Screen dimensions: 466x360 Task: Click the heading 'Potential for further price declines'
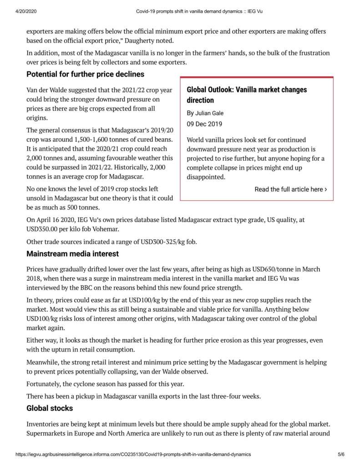point(85,74)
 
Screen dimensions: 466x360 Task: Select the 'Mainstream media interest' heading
point(72,253)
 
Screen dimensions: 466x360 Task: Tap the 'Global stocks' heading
point(50,408)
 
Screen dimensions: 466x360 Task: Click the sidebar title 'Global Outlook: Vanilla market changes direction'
point(247,95)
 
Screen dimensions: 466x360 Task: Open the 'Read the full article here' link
point(290,189)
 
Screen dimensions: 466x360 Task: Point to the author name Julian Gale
point(209,113)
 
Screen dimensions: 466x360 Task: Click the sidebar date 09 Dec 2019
point(204,124)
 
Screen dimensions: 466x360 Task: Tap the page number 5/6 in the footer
point(341,454)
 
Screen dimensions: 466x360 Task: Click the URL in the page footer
point(133,454)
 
